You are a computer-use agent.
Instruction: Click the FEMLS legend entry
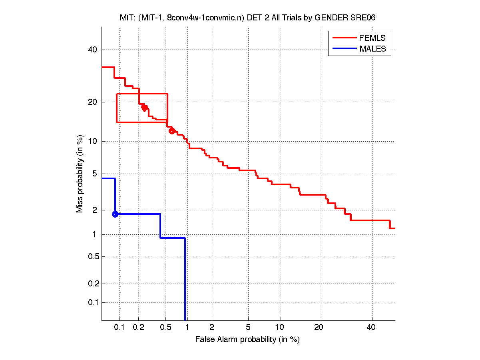click(x=372, y=38)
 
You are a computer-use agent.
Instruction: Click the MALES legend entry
click(x=372, y=49)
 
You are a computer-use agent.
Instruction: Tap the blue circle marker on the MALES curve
click(x=115, y=214)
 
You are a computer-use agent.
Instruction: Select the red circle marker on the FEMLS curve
click(x=172, y=131)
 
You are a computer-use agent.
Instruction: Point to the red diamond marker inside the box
click(x=144, y=108)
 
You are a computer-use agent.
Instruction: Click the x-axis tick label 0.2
click(x=139, y=328)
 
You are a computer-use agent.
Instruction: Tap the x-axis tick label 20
click(x=319, y=328)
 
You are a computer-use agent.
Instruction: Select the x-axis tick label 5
click(x=248, y=328)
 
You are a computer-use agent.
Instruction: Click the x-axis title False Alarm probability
click(x=247, y=340)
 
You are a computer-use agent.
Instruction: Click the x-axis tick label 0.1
click(x=120, y=328)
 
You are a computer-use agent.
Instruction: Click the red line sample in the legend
click(x=344, y=38)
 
